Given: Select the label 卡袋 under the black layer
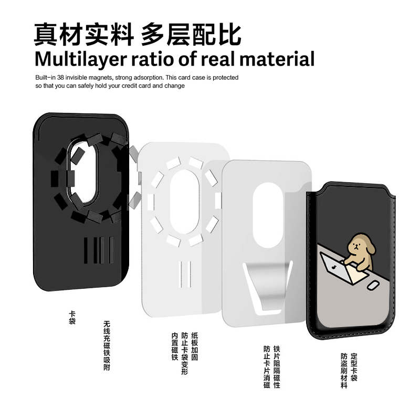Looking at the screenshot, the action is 72,317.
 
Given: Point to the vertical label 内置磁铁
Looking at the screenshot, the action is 175,346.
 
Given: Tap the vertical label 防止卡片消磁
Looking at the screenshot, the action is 267,366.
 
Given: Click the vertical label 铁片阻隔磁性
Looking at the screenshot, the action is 277,366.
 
